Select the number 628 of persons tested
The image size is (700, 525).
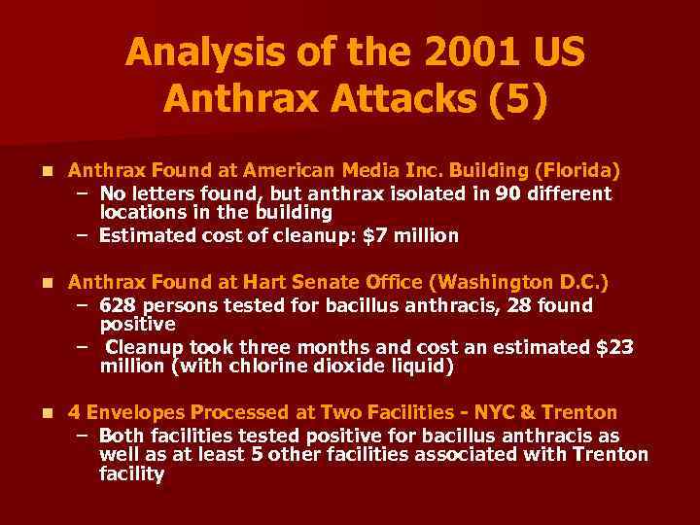(115, 305)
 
